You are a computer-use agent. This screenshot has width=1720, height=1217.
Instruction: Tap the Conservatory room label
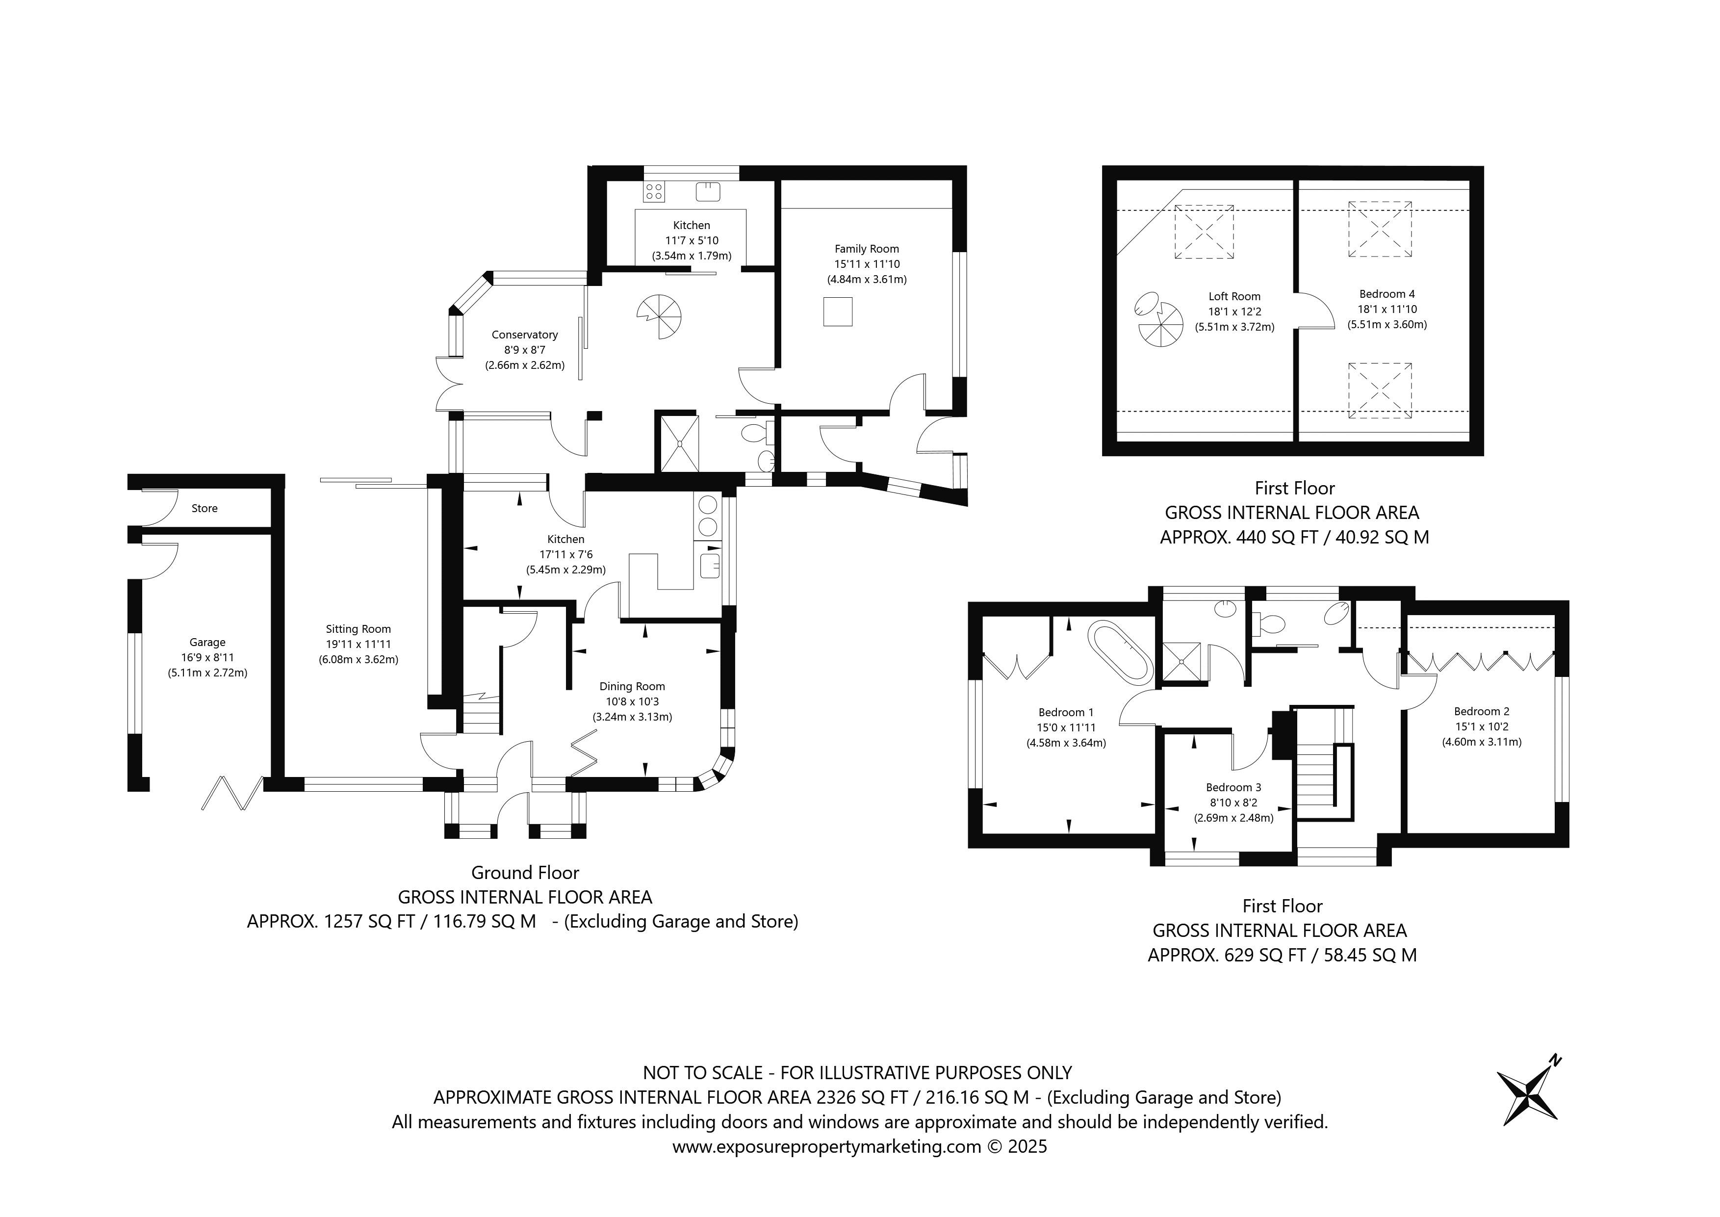point(524,335)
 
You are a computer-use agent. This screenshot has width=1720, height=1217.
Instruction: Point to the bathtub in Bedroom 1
point(1122,651)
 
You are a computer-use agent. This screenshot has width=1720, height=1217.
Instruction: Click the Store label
point(205,508)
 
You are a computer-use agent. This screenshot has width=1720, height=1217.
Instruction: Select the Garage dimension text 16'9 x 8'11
point(207,657)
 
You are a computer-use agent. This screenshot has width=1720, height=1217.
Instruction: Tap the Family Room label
point(867,249)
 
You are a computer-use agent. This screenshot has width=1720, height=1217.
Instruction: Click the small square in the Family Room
point(838,312)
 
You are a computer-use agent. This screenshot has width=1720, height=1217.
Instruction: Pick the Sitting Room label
point(358,629)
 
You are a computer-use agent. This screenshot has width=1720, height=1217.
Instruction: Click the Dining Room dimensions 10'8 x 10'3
point(632,701)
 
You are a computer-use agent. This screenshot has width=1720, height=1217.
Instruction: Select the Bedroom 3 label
point(1234,788)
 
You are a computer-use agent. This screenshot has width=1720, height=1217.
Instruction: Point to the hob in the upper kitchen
point(653,192)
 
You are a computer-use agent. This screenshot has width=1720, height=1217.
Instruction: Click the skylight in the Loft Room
point(1204,232)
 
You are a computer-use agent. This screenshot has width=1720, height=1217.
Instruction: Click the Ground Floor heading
point(525,873)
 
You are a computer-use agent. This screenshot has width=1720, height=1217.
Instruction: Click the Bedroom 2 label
point(1482,712)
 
